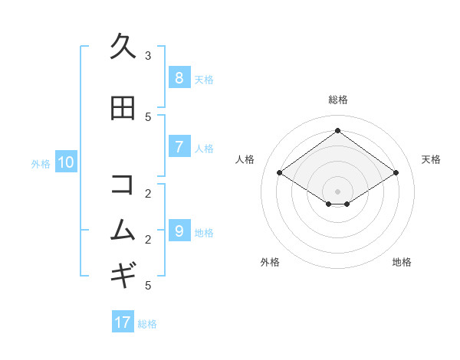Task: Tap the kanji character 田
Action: (123, 109)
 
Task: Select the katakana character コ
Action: (123, 184)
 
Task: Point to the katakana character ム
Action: (123, 230)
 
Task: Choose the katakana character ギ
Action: (123, 273)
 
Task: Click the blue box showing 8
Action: (179, 77)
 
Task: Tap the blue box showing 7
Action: (179, 147)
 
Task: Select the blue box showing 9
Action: (179, 231)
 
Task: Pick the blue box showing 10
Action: (66, 162)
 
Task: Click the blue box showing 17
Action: (123, 322)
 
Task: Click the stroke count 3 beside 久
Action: (148, 55)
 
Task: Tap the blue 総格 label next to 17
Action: (147, 324)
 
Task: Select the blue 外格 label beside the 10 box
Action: (41, 163)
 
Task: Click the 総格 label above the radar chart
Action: (338, 100)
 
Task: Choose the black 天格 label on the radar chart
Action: (431, 159)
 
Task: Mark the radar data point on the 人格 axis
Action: (280, 173)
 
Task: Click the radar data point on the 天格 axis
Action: (396, 173)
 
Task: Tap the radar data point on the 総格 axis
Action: (338, 130)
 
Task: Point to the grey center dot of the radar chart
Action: (338, 191)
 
